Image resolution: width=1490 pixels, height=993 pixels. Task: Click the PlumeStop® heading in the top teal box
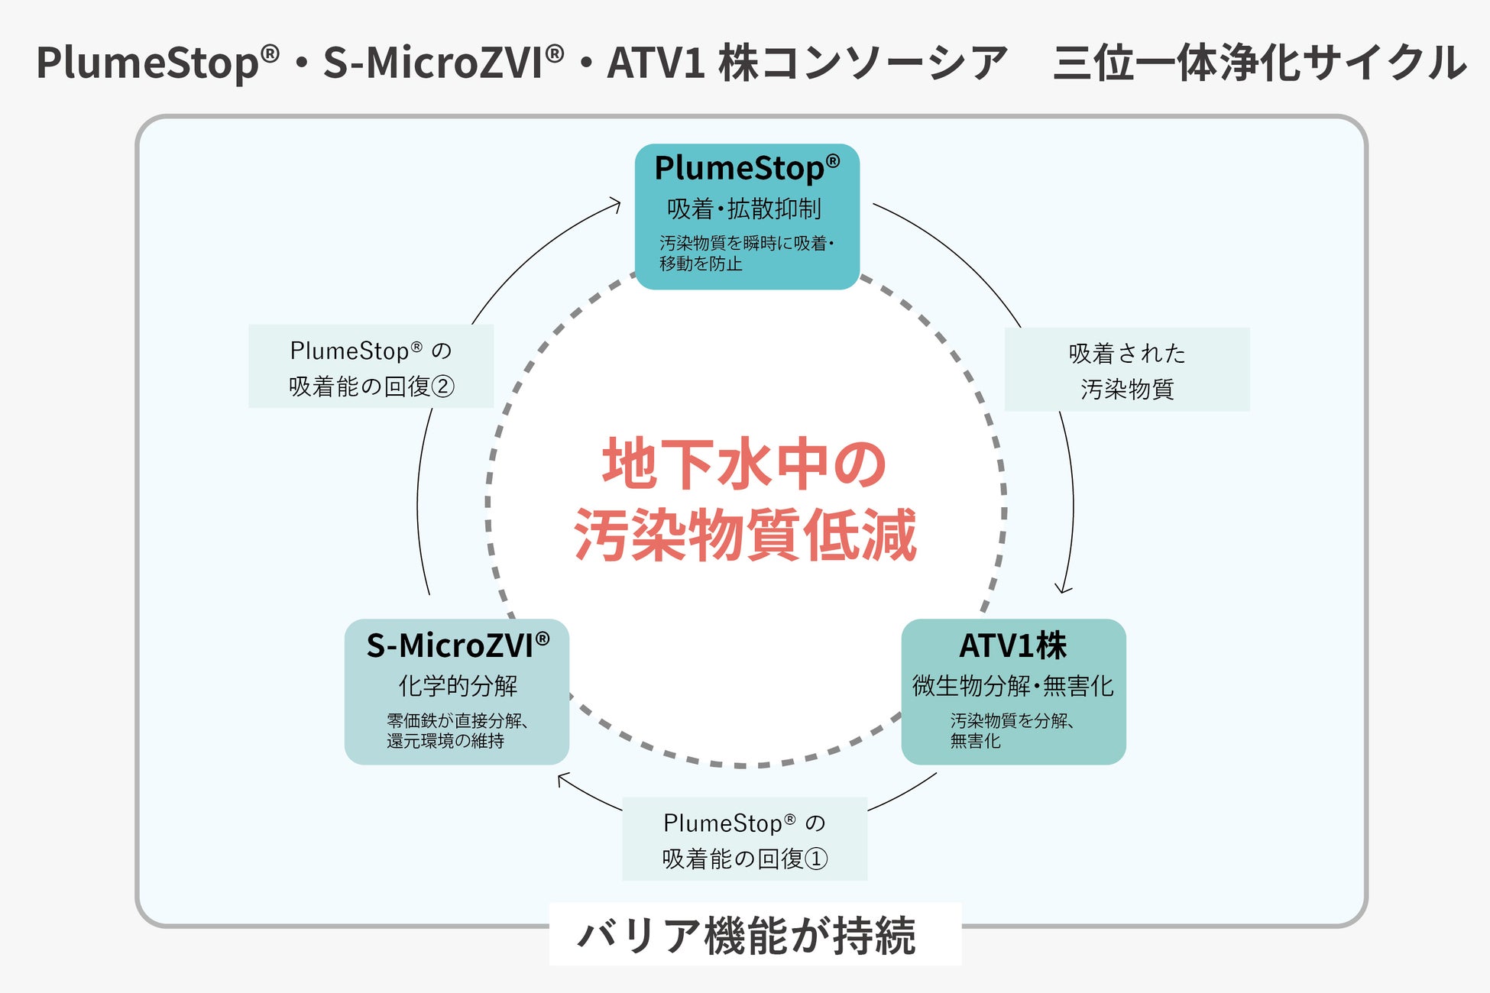coord(747,168)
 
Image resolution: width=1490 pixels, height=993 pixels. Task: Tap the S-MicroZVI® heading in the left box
coord(458,645)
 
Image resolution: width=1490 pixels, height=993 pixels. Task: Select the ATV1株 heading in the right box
coord(1013,645)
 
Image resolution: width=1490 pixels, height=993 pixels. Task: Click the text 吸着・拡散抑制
coord(744,209)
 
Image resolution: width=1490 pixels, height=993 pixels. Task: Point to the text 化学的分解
coord(458,685)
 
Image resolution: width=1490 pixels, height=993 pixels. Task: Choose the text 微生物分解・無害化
coord(1013,685)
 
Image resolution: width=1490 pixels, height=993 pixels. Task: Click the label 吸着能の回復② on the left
coord(371,387)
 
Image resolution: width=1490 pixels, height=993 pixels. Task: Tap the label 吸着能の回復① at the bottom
coord(745,859)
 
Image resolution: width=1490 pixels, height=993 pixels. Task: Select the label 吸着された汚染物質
coord(1127,370)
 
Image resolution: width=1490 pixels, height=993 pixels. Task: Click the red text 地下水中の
coord(744,464)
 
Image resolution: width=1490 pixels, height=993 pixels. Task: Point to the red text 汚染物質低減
coord(745,535)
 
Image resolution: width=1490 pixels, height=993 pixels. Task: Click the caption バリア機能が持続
coord(747,935)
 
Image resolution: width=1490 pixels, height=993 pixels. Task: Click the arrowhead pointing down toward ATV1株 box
coord(1063,589)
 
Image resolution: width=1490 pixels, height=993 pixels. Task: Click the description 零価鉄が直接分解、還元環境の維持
coord(457,730)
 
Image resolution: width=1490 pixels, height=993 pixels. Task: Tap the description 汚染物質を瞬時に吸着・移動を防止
coord(747,253)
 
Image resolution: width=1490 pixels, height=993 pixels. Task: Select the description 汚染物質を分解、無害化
coord(1012,730)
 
